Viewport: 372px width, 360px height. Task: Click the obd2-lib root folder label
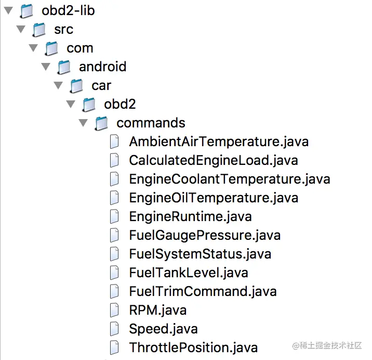coord(68,10)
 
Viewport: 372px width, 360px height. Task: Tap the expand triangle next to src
coord(21,29)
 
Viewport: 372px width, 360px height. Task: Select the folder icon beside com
coord(51,48)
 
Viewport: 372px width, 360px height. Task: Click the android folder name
coord(102,67)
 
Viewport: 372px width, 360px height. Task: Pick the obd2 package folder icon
coord(88,105)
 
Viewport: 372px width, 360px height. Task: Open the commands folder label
coord(151,123)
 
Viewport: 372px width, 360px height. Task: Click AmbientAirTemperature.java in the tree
coord(219,142)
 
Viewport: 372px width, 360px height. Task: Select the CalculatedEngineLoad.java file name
coord(213,160)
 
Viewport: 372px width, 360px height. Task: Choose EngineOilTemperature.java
coord(214,198)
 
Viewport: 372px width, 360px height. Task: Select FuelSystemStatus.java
coord(200,254)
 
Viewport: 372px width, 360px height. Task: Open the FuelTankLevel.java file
coord(189,273)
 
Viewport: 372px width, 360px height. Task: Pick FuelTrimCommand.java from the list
coord(203,291)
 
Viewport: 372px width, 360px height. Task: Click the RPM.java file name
coord(157,310)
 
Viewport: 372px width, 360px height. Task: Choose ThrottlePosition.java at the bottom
coord(193,347)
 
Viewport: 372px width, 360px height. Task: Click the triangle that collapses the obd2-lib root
coord(8,10)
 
